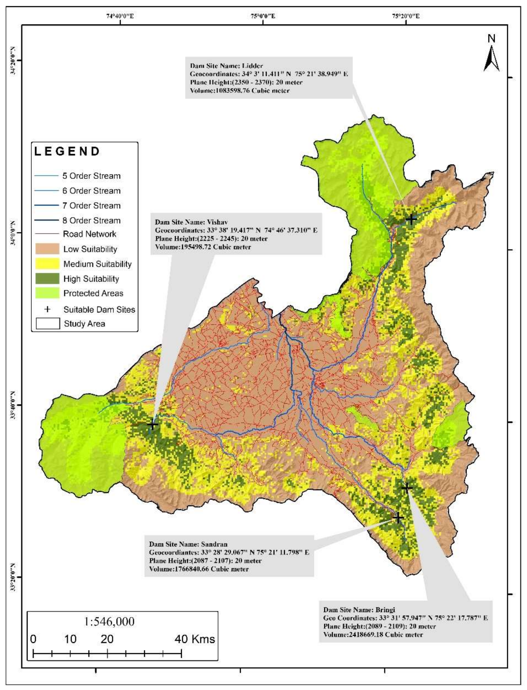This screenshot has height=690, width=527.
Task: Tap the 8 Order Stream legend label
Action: tap(91, 221)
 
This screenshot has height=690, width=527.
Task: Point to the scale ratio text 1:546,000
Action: tap(109, 621)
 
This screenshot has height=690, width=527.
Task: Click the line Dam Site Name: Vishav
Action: tap(191, 222)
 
